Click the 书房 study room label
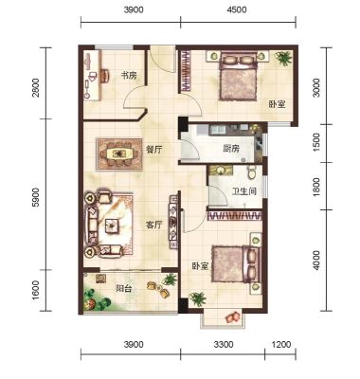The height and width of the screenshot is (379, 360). [x=130, y=76]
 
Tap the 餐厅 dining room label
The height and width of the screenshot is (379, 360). [x=153, y=150]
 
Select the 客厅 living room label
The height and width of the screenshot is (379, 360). [x=153, y=225]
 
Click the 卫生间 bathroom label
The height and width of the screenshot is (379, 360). [x=243, y=191]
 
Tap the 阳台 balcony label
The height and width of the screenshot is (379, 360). [x=124, y=288]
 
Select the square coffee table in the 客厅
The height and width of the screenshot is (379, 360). [x=113, y=226]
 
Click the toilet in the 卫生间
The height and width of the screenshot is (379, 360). [x=252, y=172]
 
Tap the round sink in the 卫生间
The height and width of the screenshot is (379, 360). [x=221, y=171]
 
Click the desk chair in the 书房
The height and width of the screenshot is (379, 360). [x=105, y=76]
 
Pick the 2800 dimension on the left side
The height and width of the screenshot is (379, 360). [x=37, y=87]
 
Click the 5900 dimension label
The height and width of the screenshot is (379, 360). [x=37, y=197]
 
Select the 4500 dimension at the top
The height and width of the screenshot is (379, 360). [x=237, y=9]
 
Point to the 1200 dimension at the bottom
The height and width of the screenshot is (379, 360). [x=280, y=344]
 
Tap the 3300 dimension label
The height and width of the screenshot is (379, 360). [x=224, y=344]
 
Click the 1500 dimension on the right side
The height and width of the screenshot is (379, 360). [x=316, y=142]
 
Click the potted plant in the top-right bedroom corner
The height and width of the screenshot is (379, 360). [x=283, y=59]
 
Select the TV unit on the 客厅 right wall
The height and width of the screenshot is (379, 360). [x=173, y=221]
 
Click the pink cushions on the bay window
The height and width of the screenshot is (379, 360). [x=233, y=317]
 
